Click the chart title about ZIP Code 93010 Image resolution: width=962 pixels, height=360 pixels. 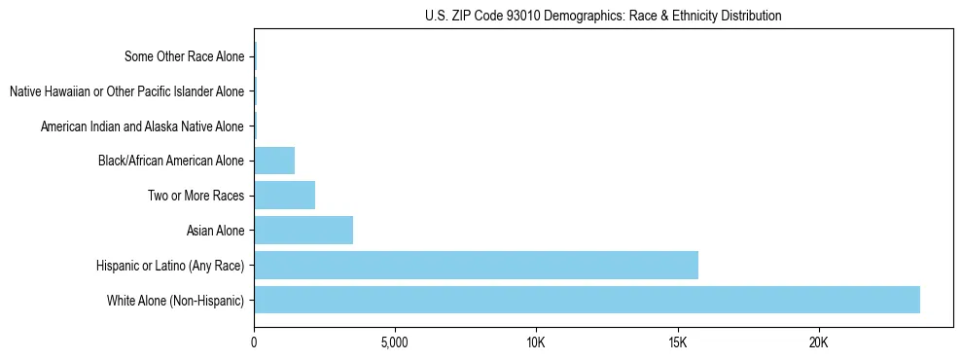603,16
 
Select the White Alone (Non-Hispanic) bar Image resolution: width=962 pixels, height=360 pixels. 587,300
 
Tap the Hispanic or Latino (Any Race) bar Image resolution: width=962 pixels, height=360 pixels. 476,265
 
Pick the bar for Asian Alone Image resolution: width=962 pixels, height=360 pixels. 303,231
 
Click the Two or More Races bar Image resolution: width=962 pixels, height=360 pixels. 284,196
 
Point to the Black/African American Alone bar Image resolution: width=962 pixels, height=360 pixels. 274,161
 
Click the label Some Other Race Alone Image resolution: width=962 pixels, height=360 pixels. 184,56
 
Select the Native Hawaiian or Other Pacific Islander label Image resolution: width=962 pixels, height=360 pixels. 126,91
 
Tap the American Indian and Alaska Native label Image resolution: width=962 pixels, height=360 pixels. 142,126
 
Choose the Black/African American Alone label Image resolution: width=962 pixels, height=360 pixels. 171,161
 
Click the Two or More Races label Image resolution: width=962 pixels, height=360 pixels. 196,196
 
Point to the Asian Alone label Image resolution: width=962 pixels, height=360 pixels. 215,231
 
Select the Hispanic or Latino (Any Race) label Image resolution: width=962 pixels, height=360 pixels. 170,265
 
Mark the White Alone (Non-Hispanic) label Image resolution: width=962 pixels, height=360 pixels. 176,300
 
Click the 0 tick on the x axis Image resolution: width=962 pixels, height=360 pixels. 254,343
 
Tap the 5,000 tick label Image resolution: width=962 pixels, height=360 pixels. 395,343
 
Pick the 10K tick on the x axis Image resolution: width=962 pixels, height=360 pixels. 536,343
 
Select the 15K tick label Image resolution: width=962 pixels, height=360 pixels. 677,343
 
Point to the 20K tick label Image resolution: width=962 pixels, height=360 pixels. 818,343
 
